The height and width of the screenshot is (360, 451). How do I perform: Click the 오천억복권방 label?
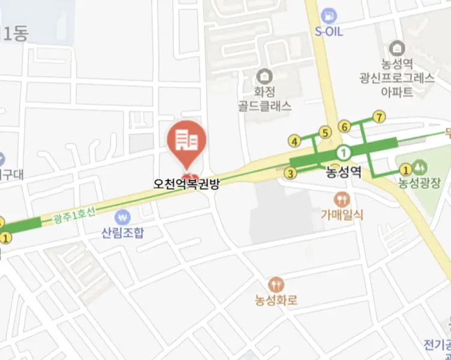click(x=186, y=184)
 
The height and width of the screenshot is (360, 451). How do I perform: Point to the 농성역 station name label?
click(x=344, y=173)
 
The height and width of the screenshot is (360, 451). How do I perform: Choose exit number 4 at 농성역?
click(x=294, y=142)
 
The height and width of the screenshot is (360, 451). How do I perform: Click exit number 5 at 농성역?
click(x=325, y=133)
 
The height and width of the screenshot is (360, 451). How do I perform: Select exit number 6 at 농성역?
click(x=345, y=127)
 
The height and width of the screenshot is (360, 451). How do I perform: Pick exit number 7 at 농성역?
click(x=378, y=117)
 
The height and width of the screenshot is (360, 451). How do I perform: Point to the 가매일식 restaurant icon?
click(x=342, y=199)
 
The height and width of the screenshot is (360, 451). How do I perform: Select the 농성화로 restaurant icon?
click(x=276, y=284)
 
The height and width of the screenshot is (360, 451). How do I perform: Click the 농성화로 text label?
click(x=276, y=299)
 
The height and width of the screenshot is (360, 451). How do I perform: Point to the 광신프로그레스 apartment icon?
click(x=396, y=47)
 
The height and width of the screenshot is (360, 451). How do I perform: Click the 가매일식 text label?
click(x=342, y=214)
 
